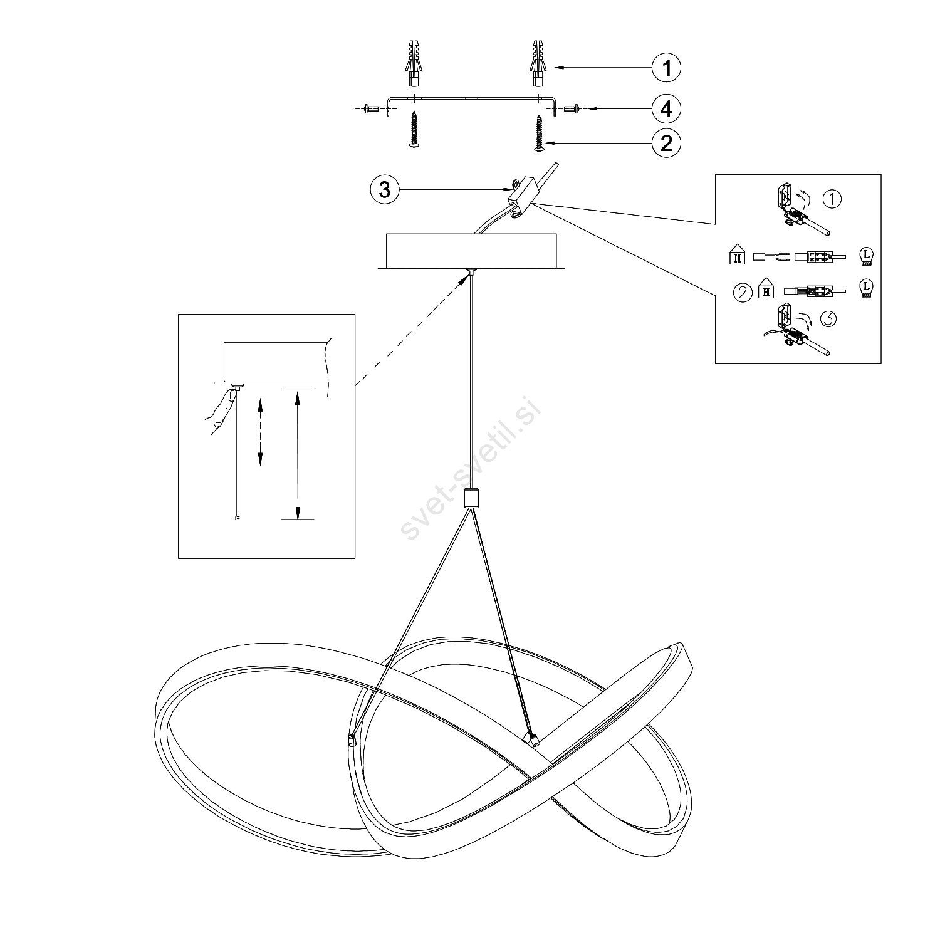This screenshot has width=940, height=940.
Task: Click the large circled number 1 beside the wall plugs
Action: tap(666, 67)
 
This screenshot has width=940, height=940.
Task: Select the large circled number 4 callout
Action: tap(666, 108)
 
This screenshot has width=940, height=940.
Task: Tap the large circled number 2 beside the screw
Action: tap(666, 144)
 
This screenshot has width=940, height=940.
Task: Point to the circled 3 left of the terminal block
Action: tap(385, 189)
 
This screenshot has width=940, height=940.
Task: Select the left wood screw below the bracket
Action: tap(413, 130)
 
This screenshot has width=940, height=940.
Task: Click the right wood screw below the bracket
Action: tap(538, 132)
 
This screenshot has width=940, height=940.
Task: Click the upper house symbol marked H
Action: tap(738, 256)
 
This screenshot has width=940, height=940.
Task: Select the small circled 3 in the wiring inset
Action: tap(827, 319)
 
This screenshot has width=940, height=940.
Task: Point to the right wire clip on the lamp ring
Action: tap(533, 739)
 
